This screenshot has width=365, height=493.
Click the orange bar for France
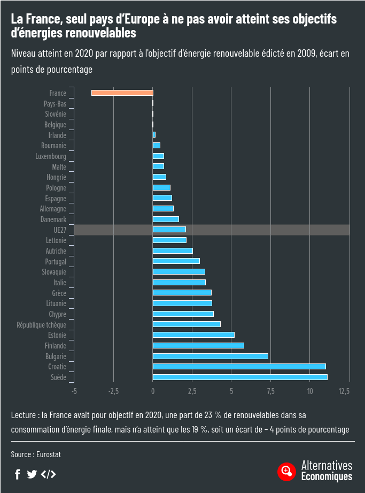pos(122,93)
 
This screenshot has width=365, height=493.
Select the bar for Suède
pos(240,377)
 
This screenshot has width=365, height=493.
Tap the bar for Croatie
pos(239,367)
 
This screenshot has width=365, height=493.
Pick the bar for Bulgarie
pos(210,357)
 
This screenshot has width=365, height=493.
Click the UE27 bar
pos(169,230)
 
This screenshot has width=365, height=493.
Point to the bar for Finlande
pos(198,346)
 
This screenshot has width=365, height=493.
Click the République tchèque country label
pos(42,325)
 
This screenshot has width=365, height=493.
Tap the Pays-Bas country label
pos(55,104)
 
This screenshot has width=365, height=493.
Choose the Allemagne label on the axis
pos(53,209)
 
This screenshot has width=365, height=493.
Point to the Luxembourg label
pos(51,156)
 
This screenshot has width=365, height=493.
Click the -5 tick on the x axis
pos(74,391)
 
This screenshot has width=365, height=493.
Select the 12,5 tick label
pos(344,391)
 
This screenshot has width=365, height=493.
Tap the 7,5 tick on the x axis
pos(271,391)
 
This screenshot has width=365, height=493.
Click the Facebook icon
pos(17,474)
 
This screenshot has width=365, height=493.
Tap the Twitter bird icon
pos(32,474)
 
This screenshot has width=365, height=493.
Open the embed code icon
pos(48,474)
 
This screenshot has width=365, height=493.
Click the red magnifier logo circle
pos(286,471)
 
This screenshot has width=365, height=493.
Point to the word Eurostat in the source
pos(49,454)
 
